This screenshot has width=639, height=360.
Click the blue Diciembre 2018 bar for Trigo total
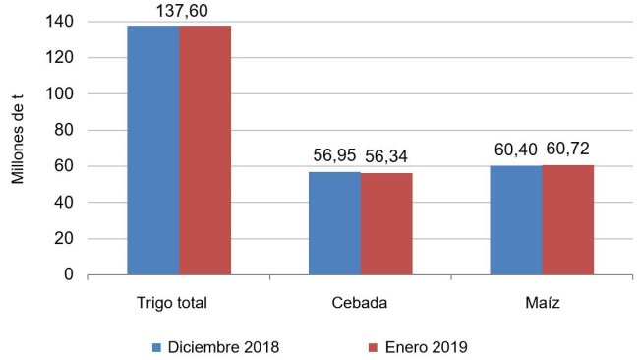tap(153, 150)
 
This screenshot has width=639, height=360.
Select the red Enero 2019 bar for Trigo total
tap(205, 150)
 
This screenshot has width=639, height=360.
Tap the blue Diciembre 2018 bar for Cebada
tap(334, 223)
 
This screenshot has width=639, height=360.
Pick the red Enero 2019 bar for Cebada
tap(386, 224)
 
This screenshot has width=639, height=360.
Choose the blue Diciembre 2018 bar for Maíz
tap(516, 220)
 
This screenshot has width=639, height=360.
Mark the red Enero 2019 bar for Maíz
tap(568, 220)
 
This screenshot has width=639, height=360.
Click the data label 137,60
tap(179, 11)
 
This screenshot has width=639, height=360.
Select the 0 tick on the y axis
tap(70, 275)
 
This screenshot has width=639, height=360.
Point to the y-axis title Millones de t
tap(17, 148)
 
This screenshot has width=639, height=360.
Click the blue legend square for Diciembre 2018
tap(158, 346)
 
